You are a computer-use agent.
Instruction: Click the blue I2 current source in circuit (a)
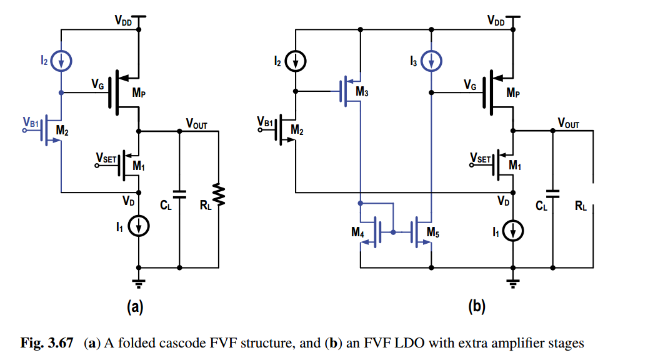[61, 61]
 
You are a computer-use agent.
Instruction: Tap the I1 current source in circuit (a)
[139, 226]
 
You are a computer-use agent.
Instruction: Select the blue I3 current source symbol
[431, 61]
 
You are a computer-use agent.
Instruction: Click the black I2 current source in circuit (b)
[296, 61]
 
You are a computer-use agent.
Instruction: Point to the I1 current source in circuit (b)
[513, 231]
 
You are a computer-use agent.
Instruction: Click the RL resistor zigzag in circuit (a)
[219, 194]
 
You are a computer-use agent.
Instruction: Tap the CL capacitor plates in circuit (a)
[179, 194]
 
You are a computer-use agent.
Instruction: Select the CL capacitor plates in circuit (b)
[552, 194]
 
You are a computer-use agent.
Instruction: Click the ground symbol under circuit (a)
[139, 283]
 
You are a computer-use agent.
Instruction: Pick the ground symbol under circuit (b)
[513, 283]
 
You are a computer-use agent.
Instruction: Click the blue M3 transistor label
[362, 92]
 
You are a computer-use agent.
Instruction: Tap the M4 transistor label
[357, 232]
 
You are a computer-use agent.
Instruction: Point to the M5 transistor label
[433, 232]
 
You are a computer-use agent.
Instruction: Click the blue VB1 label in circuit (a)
[31, 122]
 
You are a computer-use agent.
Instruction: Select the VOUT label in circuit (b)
[569, 123]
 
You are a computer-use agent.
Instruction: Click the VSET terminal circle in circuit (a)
[97, 166]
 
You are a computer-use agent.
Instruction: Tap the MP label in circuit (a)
[139, 92]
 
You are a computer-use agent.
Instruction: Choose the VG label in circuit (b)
[470, 85]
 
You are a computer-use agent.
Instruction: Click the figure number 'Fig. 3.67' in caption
[47, 343]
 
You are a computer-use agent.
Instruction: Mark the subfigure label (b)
[477, 307]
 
